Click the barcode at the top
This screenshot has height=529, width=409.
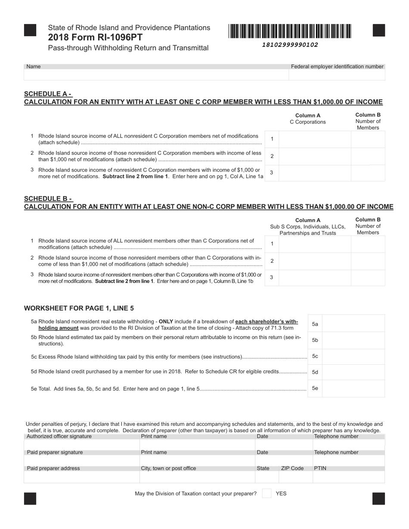[x=290, y=31]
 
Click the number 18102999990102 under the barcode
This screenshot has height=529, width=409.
[x=290, y=45]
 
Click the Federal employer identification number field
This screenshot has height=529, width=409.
[x=337, y=75]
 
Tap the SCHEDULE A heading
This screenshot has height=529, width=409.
[x=48, y=94]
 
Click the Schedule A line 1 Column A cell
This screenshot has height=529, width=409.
[x=315, y=139]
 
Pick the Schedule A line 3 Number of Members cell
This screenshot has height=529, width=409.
[x=368, y=173]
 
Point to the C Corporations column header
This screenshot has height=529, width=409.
[x=308, y=122]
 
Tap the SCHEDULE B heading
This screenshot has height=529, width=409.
[x=48, y=199]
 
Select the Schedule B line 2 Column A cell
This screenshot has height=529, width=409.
[x=315, y=261]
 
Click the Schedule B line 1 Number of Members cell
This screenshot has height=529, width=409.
[x=368, y=244]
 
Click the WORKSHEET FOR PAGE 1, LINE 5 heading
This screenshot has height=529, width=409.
[x=79, y=308]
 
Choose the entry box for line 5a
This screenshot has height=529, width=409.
[x=353, y=324]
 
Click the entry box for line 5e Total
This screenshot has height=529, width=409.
[x=353, y=388]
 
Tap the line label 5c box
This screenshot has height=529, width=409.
[x=315, y=356]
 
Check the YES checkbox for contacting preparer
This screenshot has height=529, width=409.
[x=267, y=493]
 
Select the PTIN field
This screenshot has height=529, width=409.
[x=348, y=477]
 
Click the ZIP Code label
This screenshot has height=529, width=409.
[x=292, y=468]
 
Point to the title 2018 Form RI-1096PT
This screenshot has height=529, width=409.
[x=95, y=37]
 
